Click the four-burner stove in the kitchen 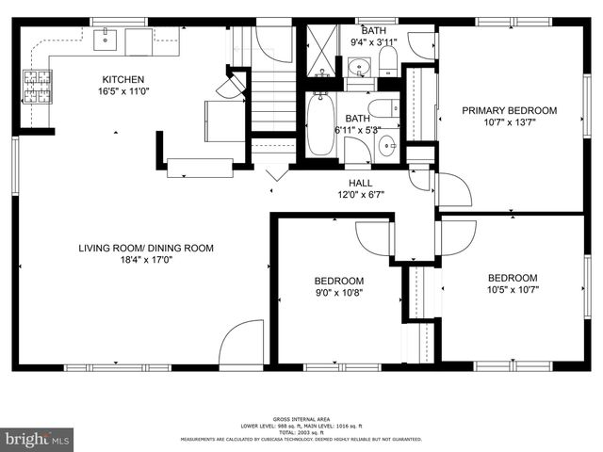(x=37, y=86)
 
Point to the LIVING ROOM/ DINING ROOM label (x=145, y=249)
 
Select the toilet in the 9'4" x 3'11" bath (x=387, y=60)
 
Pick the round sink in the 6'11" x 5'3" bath (x=386, y=146)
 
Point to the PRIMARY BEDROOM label (x=509, y=110)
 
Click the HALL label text (x=360, y=183)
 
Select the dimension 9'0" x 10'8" (x=338, y=292)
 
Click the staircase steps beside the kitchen (x=272, y=99)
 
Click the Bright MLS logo (x=37, y=438)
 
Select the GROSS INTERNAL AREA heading (x=301, y=418)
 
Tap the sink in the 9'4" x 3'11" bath (x=359, y=65)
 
